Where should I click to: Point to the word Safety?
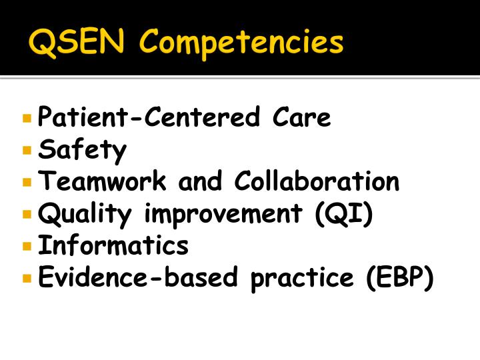[82, 150]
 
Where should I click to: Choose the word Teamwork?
[103, 181]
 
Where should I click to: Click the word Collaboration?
[317, 181]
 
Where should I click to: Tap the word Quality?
[86, 215]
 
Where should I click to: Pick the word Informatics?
[113, 245]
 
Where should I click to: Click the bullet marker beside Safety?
[27, 151]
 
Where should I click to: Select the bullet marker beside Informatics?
[27, 246]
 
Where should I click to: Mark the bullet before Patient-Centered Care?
[27, 119]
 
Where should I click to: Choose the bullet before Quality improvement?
[27, 215]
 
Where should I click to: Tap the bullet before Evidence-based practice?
[27, 278]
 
